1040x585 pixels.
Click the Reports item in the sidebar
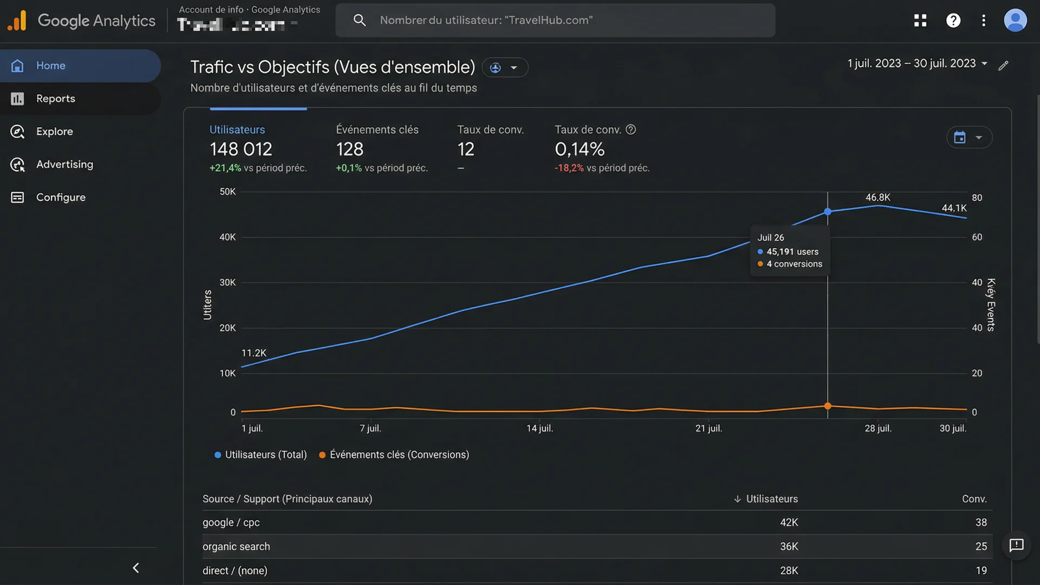coord(55,99)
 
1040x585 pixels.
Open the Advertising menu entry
coord(64,164)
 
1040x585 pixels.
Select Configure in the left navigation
coord(60,197)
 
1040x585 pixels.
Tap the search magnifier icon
coord(359,21)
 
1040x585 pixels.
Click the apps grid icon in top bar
coord(920,21)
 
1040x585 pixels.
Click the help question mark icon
coord(953,21)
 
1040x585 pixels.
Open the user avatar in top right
coord(1015,21)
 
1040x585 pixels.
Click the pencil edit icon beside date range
coord(1003,66)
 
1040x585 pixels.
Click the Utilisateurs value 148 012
coord(240,149)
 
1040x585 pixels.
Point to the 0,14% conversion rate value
coord(579,149)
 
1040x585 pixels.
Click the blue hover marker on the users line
coord(828,212)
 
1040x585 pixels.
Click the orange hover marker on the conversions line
coord(828,406)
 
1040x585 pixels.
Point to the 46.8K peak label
coord(877,197)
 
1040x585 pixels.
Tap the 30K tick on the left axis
coord(227,282)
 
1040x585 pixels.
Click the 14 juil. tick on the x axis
coord(539,428)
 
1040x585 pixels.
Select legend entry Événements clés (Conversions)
coord(399,454)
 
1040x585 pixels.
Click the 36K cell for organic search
coord(789,547)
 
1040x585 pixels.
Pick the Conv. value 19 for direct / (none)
coord(981,570)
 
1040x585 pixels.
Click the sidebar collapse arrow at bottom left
coord(136,568)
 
